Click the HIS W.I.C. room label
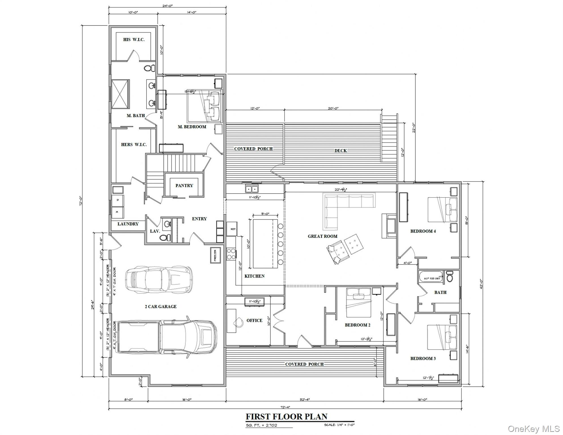pyautogui.click(x=134, y=40)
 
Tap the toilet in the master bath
pyautogui.click(x=149, y=68)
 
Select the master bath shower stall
pyautogui.click(x=120, y=94)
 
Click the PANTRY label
pyautogui.click(x=184, y=185)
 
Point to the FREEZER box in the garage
pyautogui.click(x=215, y=255)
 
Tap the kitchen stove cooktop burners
pyautogui.click(x=231, y=253)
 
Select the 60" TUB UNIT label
pyautogui.click(x=432, y=278)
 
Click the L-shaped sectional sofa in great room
pyautogui.click(x=340, y=207)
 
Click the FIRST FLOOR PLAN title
pyautogui.click(x=286, y=416)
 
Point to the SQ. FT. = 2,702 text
pyautogui.click(x=261, y=425)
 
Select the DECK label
pyautogui.click(x=340, y=151)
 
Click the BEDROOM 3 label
pyautogui.click(x=423, y=359)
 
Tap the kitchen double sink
pyautogui.click(x=251, y=189)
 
